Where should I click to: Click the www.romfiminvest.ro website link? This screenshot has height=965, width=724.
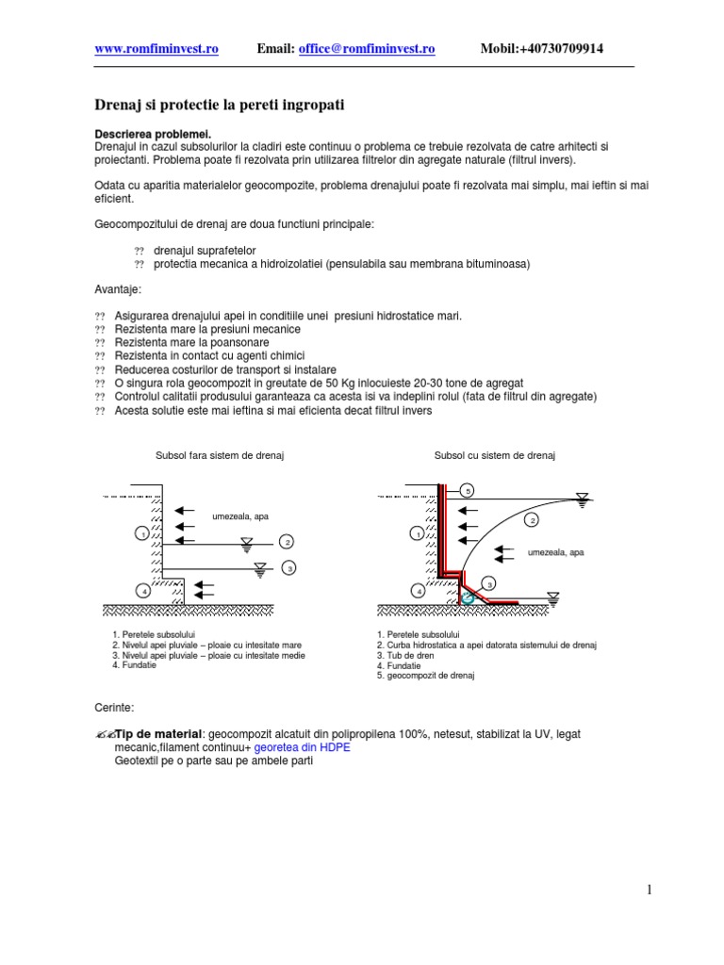click(x=156, y=49)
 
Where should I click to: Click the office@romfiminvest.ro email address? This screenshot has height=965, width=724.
click(x=367, y=49)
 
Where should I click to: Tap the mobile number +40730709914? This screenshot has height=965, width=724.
click(x=556, y=49)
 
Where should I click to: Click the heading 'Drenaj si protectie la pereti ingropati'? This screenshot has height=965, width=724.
click(x=220, y=105)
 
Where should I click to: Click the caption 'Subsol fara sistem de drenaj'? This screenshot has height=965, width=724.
click(x=220, y=455)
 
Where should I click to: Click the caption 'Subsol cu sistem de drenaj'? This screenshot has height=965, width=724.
click(x=495, y=455)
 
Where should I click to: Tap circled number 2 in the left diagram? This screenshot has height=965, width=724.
click(x=288, y=542)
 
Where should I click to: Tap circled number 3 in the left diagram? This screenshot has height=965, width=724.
click(x=289, y=567)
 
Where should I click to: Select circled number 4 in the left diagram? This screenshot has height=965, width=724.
click(x=142, y=591)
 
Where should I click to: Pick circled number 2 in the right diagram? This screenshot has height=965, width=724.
click(x=532, y=519)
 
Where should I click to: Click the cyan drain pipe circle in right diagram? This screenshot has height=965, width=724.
click(x=466, y=597)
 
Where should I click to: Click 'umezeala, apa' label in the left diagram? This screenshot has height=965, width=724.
click(x=240, y=516)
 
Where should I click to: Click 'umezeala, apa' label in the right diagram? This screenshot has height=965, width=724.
click(x=555, y=552)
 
